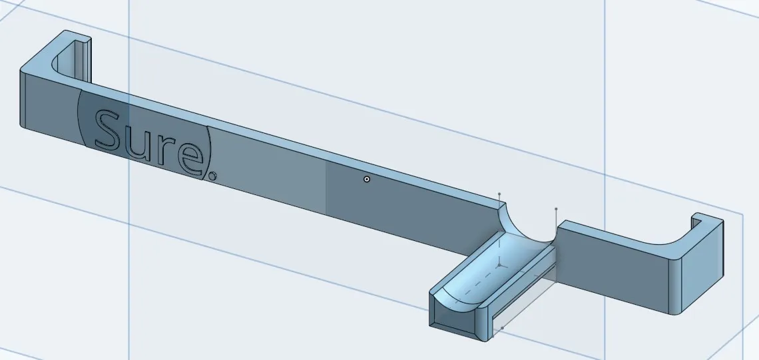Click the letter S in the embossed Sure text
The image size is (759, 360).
pos(109,130)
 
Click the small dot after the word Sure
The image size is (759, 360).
pos(212,176)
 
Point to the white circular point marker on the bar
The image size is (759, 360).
pos(367,179)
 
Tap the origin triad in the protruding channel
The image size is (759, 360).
pos(499,264)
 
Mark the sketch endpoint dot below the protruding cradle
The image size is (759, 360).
pos(502,328)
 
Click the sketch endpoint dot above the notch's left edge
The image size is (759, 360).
pos(500,195)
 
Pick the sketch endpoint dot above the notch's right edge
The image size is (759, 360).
pos(556,209)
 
